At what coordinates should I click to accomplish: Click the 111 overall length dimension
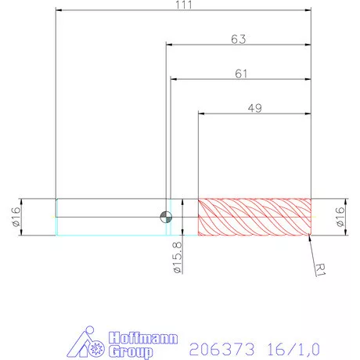[x=184, y=5]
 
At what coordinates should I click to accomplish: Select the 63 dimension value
[x=240, y=38]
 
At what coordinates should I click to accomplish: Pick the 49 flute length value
[x=254, y=108]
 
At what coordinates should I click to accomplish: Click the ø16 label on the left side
[x=15, y=217]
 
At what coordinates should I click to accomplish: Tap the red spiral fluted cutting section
[x=254, y=217]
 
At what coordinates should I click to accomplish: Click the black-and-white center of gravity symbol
[x=165, y=217]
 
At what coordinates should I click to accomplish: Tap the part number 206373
[x=214, y=344]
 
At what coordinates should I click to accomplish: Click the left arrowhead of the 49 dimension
[x=201, y=114]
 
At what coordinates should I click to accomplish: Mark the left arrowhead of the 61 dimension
[x=174, y=80]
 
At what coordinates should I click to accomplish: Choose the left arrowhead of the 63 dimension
[x=169, y=45]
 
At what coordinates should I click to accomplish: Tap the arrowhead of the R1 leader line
[x=311, y=236]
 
